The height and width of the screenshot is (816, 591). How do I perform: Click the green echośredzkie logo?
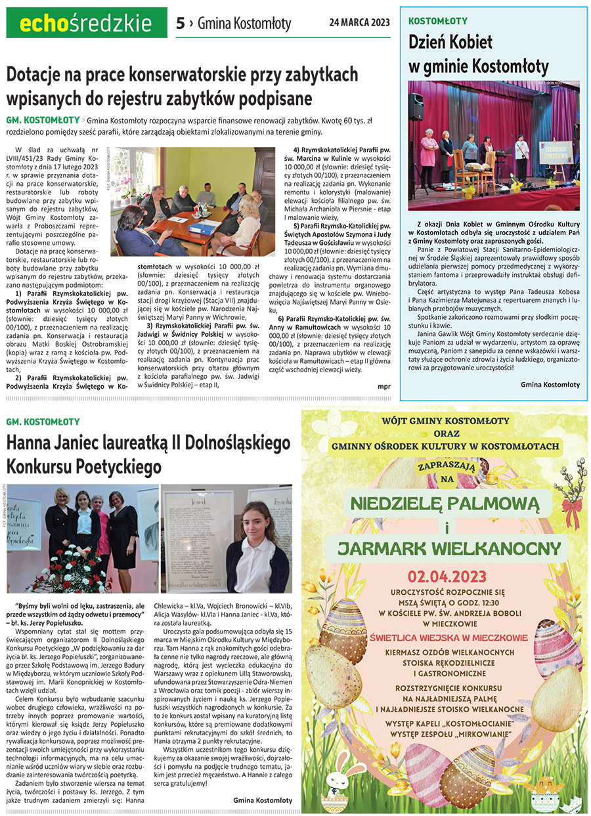click(79, 24)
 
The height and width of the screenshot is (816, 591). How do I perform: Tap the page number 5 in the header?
click(180, 24)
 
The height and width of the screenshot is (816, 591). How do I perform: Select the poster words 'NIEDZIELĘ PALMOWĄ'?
click(445, 505)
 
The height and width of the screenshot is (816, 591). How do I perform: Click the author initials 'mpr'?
click(384, 386)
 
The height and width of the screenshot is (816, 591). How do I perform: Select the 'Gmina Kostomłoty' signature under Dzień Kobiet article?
click(550, 384)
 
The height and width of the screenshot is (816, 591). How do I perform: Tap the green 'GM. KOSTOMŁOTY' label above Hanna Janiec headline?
click(43, 421)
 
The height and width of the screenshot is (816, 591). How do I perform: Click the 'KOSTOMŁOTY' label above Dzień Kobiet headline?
click(438, 21)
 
